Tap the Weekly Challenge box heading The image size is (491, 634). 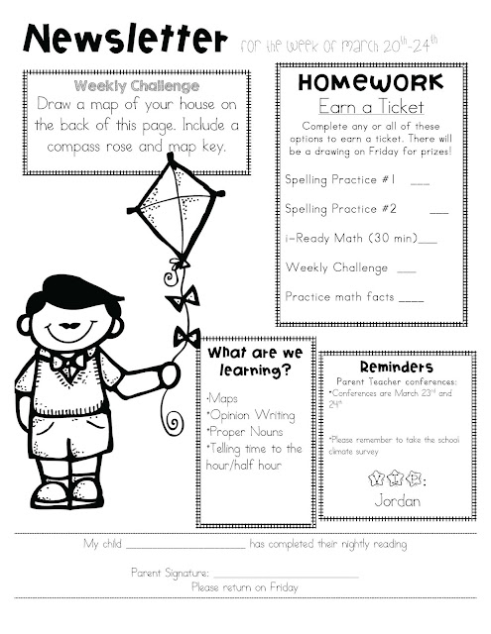[x=134, y=85]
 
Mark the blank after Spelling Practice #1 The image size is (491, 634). [x=419, y=182]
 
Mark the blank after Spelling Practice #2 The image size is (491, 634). [x=437, y=211]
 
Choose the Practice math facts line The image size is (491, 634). [x=353, y=295]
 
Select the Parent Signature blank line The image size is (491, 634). [x=286, y=575]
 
